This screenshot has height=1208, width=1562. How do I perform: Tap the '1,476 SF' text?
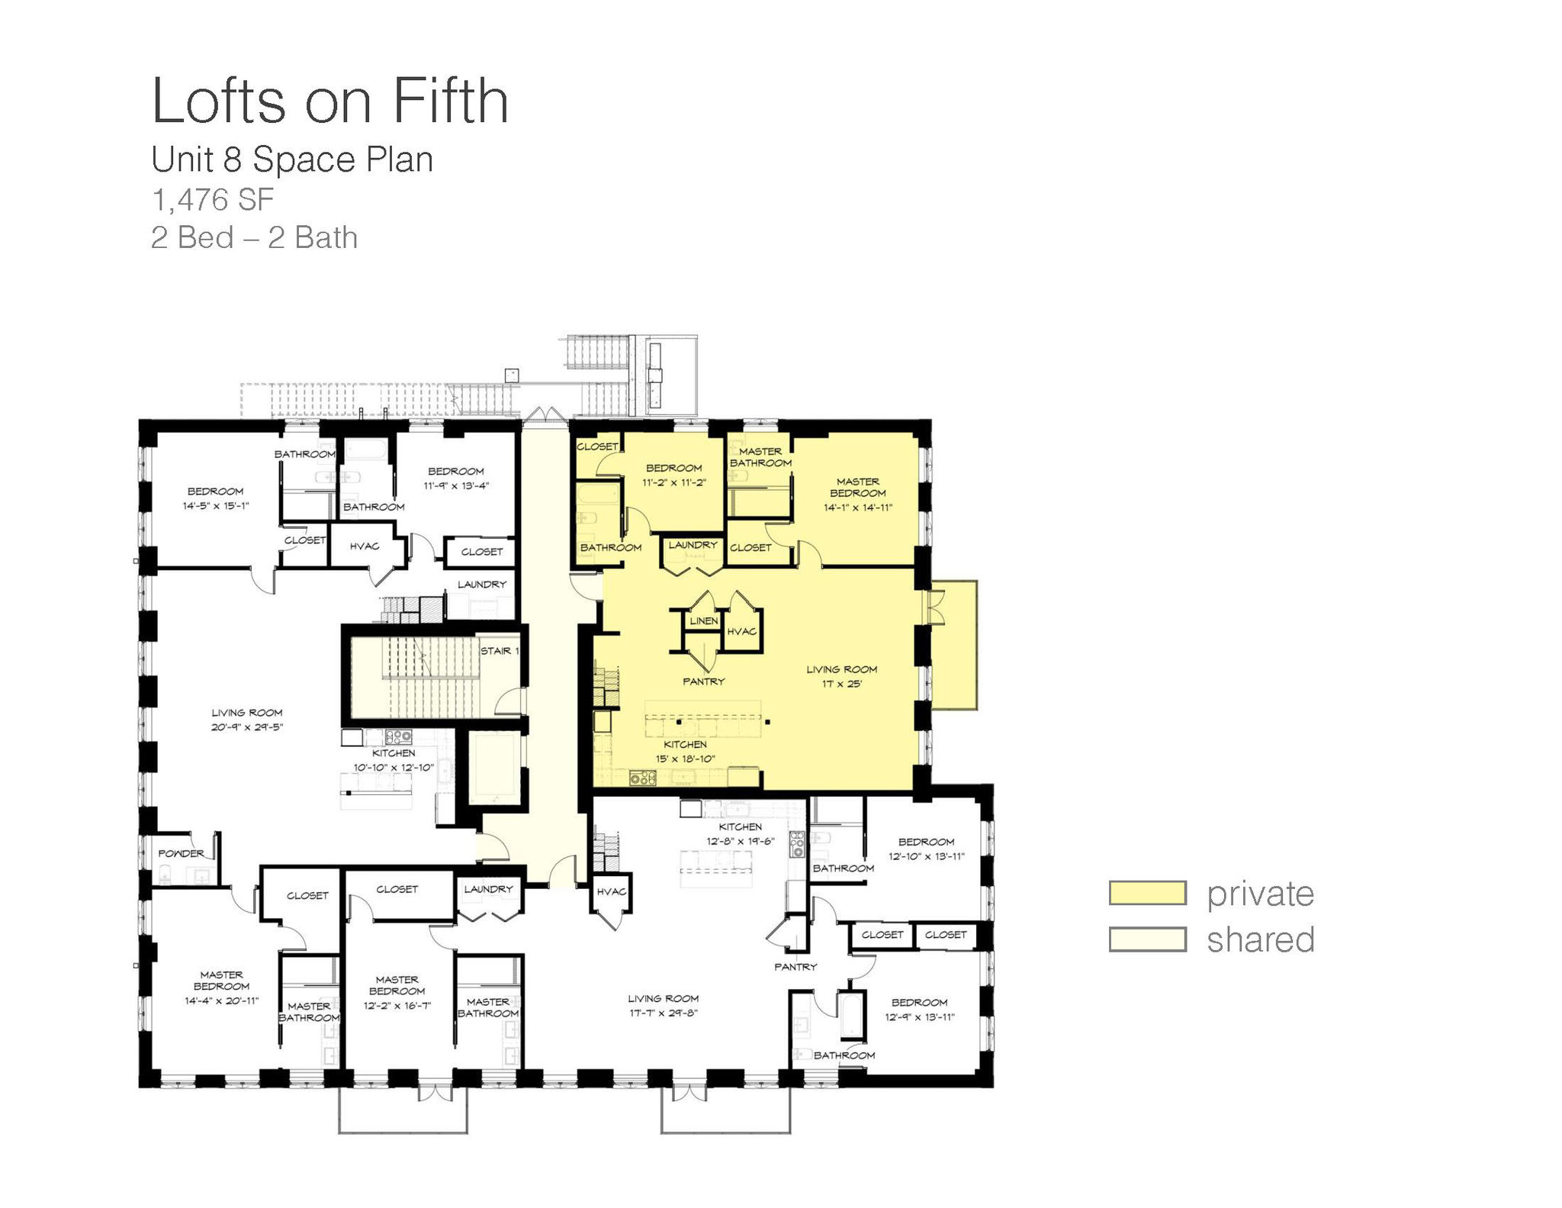coord(213,200)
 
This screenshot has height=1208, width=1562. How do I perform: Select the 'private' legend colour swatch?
coord(1148,893)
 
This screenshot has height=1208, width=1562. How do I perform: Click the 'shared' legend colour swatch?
coord(1148,939)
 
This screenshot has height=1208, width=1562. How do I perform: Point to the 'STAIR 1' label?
coord(500,651)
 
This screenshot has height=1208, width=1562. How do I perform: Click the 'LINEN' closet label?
coord(704,621)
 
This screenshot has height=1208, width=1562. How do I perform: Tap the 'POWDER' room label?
coord(182,854)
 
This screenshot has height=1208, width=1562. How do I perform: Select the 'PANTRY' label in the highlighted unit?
coord(704,681)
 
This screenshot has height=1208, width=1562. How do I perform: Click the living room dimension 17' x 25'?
coord(842,684)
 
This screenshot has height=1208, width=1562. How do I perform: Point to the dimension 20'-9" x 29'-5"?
coord(247,727)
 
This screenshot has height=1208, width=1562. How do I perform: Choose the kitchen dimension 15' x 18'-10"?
coord(686,759)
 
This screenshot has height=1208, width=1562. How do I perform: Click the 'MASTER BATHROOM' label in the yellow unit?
coord(761,457)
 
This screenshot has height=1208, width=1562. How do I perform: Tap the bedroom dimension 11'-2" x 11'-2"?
coord(674,482)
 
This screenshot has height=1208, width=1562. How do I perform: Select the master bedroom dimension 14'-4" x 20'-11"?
coord(222,1000)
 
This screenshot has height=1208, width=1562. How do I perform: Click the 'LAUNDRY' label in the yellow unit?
coord(693,545)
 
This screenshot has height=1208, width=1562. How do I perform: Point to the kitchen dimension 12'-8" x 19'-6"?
coord(741,841)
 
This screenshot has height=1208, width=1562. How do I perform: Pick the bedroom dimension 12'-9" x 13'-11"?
coord(920,1016)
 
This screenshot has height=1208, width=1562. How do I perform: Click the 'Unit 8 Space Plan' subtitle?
coord(292,159)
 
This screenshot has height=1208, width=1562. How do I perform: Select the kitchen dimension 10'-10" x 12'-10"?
coord(394,767)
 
